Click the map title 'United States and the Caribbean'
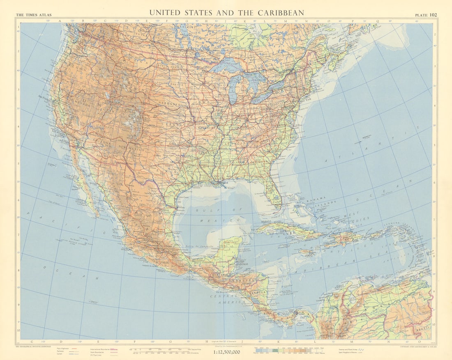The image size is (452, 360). tap(226, 13)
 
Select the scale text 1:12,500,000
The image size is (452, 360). tap(226, 352)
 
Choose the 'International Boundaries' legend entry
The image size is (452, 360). tap(101, 348)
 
